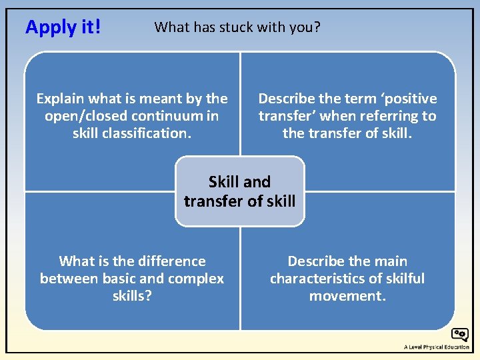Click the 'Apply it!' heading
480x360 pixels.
(x=63, y=27)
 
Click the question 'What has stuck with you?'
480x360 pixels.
(x=237, y=27)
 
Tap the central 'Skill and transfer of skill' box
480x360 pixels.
(x=239, y=191)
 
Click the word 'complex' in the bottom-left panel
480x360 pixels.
(x=197, y=279)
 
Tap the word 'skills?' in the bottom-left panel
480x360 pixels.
(x=132, y=295)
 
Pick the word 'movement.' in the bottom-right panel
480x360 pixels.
(x=347, y=295)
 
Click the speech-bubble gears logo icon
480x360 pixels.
(x=459, y=335)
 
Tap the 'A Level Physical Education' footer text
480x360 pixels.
(x=436, y=347)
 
